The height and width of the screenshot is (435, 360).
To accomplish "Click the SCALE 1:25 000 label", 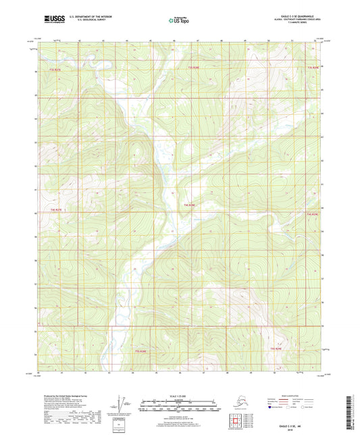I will click(x=179, y=396).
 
